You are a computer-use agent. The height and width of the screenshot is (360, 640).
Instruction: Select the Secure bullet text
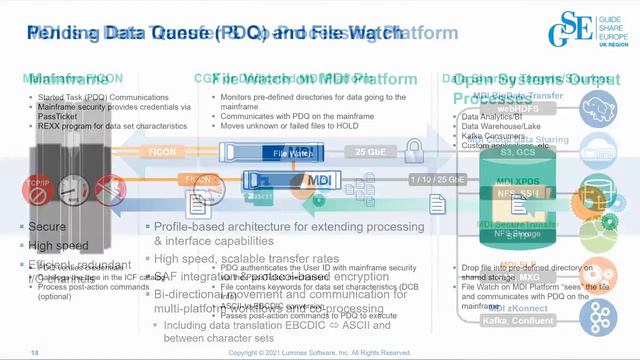pos(47,227)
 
